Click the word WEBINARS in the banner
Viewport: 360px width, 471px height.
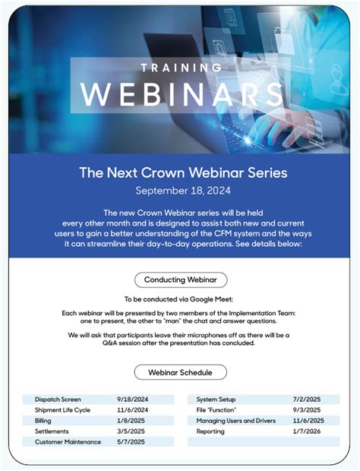[x=179, y=94]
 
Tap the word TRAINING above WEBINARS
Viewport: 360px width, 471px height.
[x=180, y=67]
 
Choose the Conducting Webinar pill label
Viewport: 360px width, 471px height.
[x=180, y=280]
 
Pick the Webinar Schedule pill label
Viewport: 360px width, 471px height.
[x=180, y=372]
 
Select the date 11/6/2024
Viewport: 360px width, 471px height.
[x=133, y=410]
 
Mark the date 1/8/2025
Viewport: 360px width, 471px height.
[x=131, y=421]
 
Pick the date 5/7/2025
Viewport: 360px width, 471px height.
[x=131, y=442]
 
